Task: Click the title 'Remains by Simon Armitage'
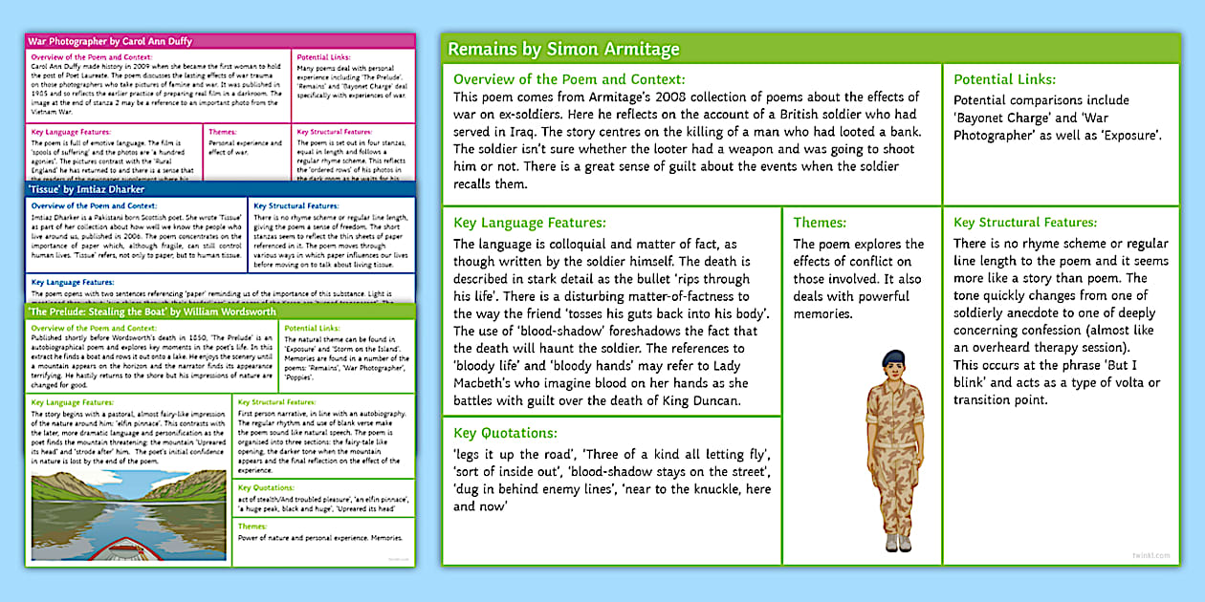click(563, 49)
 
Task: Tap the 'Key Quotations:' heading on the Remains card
click(505, 433)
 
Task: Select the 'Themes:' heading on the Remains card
click(820, 223)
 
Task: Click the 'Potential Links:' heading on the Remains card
click(1004, 79)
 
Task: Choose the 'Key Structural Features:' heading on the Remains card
click(1025, 223)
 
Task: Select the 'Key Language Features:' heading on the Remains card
click(529, 223)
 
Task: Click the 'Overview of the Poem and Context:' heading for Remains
click(569, 79)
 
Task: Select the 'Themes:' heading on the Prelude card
click(252, 527)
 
